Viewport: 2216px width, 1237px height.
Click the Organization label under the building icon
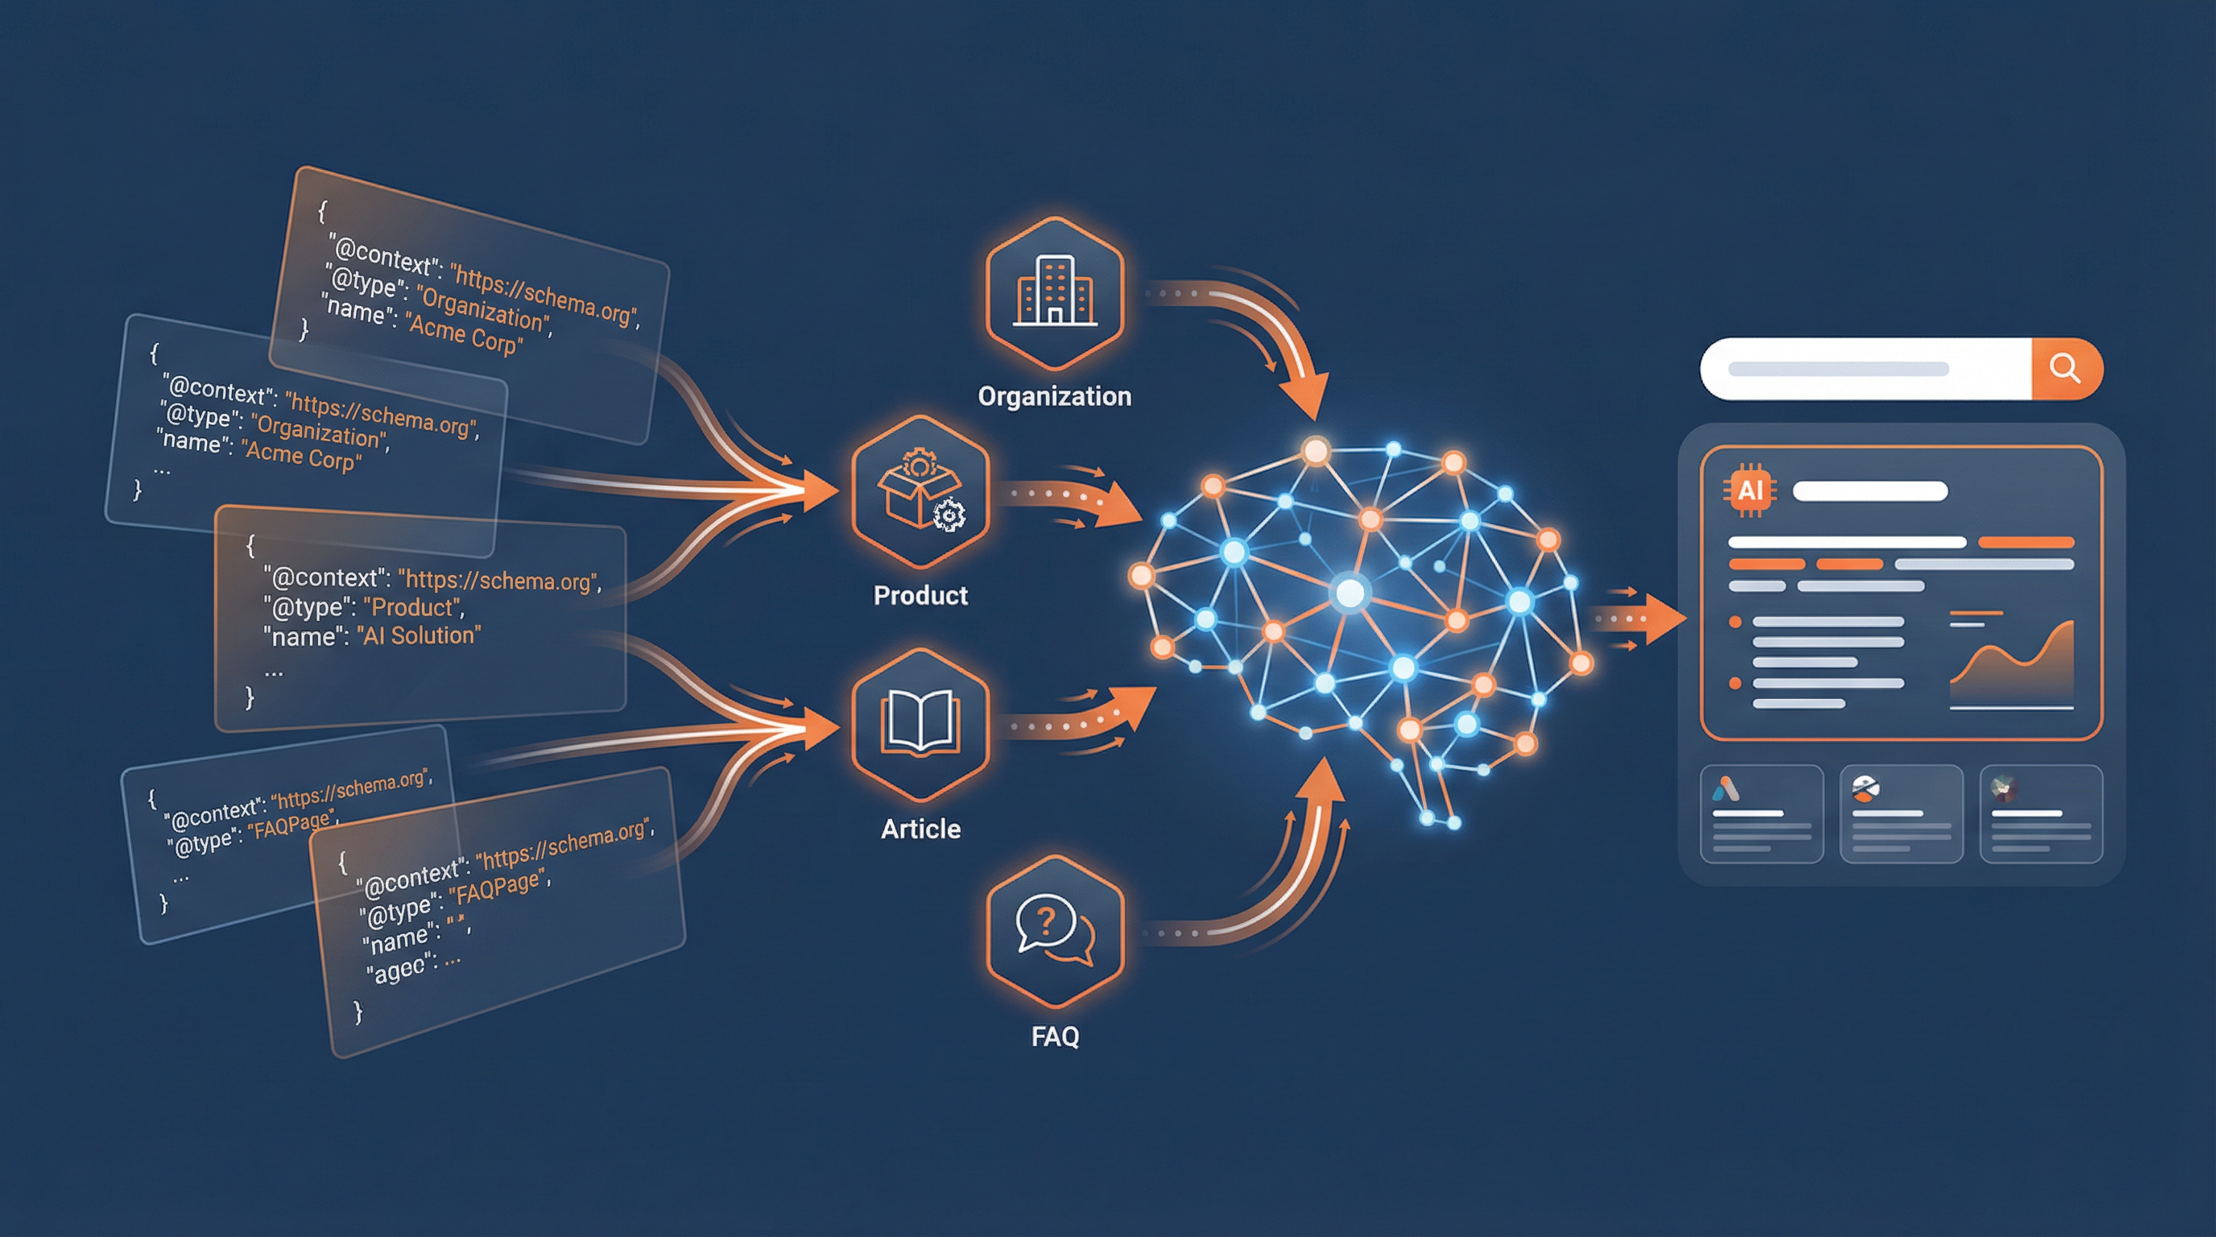[x=1055, y=396]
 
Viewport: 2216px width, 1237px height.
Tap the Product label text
[x=920, y=595]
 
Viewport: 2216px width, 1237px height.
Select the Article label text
[x=920, y=829]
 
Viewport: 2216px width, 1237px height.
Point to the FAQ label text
[x=1055, y=1036]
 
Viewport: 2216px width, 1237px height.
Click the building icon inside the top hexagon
[x=1055, y=292]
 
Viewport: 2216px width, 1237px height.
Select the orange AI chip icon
[x=1750, y=491]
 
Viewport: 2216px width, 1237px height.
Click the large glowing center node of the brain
[x=1350, y=593]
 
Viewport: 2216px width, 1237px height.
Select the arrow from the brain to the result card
[x=1639, y=618]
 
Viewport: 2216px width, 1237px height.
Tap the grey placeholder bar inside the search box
[x=1838, y=369]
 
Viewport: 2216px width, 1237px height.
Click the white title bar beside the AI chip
[x=1869, y=491]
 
